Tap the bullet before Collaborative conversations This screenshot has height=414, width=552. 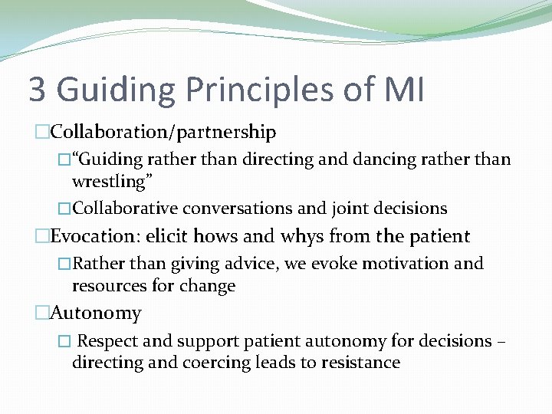click(x=64, y=209)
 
